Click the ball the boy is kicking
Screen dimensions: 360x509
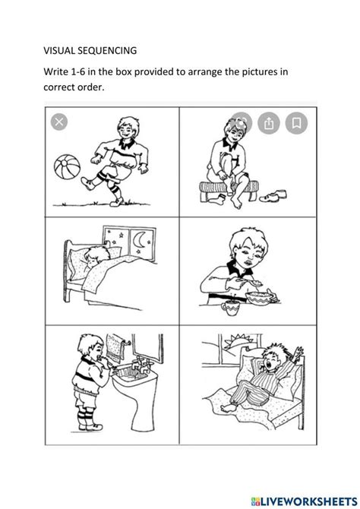coord(67,166)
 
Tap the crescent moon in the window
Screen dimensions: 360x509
coord(139,240)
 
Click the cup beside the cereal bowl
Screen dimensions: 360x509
coord(230,308)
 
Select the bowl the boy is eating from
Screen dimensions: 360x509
coord(260,299)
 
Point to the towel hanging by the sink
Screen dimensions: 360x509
coord(115,348)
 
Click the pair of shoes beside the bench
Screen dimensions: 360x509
coord(273,196)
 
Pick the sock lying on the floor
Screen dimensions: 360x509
coord(217,198)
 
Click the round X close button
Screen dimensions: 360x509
coord(59,122)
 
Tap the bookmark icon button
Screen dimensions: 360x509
coord(296,123)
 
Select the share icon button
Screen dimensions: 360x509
coord(268,123)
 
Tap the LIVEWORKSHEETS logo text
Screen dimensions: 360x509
coord(304,501)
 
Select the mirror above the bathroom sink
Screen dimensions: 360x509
coord(147,348)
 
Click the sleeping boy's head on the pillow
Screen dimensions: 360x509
coord(96,254)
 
